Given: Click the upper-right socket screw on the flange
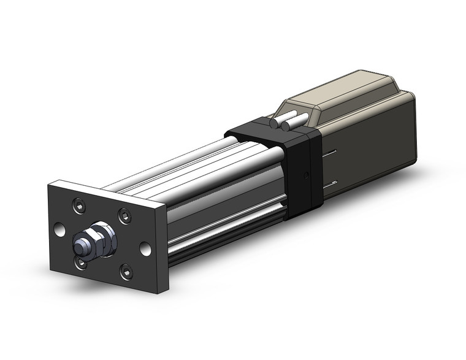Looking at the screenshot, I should coord(124,215).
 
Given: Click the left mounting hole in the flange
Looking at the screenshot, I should coord(59,230).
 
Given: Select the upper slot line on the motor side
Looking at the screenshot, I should coord(331,153).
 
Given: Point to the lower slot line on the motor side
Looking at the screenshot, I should coord(331,182).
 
